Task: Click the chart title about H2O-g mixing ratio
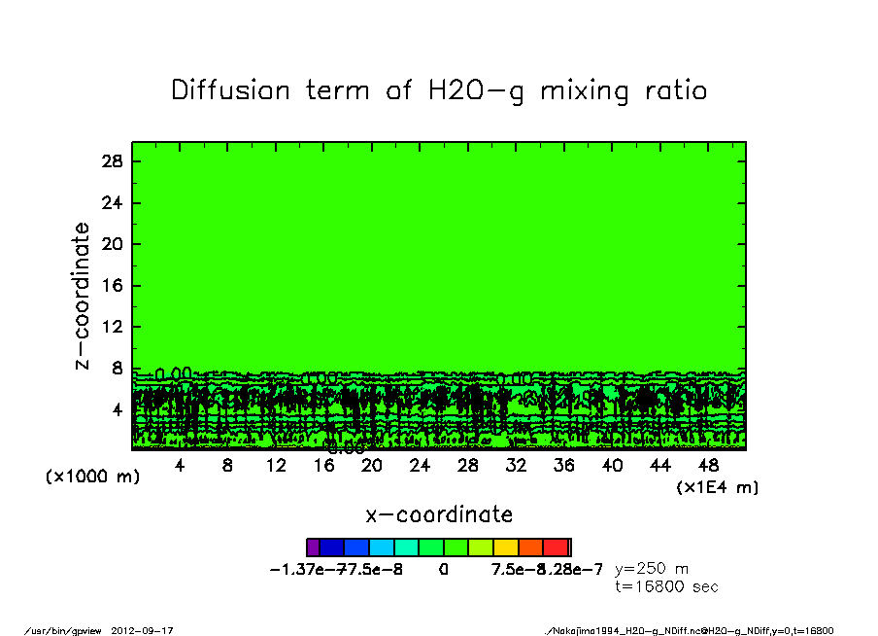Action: [439, 90]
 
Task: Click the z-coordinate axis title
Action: [83, 296]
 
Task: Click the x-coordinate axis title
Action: [439, 513]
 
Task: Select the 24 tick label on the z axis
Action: [112, 203]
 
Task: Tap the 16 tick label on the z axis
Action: [112, 286]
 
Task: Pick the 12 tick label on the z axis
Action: [112, 327]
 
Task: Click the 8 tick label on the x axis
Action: [227, 466]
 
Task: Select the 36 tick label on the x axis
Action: [564, 466]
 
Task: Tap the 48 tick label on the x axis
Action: [709, 466]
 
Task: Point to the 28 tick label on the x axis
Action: [468, 466]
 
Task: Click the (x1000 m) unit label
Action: [87, 477]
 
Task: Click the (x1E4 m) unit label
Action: [718, 486]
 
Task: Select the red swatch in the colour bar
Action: [556, 548]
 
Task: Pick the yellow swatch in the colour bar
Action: [506, 548]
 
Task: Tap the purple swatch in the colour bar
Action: [313, 548]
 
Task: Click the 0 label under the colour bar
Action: [443, 569]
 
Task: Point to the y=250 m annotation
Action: [652, 569]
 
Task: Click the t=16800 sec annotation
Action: [666, 586]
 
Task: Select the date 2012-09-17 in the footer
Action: [150, 630]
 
